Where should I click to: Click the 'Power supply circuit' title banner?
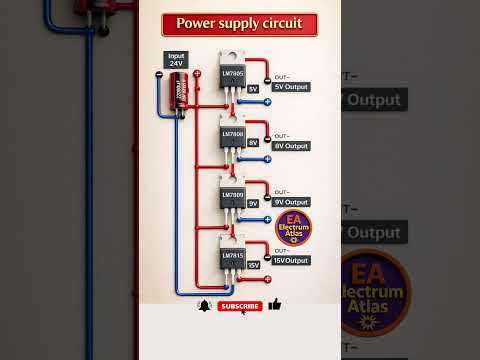239,23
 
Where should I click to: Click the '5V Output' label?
291,87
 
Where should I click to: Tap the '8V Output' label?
291,146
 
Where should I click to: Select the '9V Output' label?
291,202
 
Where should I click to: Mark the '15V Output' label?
290,260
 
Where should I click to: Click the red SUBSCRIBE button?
240,306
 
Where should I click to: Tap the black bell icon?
205,305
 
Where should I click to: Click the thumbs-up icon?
275,304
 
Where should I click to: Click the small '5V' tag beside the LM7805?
253,89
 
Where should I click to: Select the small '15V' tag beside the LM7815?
253,265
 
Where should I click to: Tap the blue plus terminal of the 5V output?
267,102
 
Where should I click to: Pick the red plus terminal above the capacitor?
194,76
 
